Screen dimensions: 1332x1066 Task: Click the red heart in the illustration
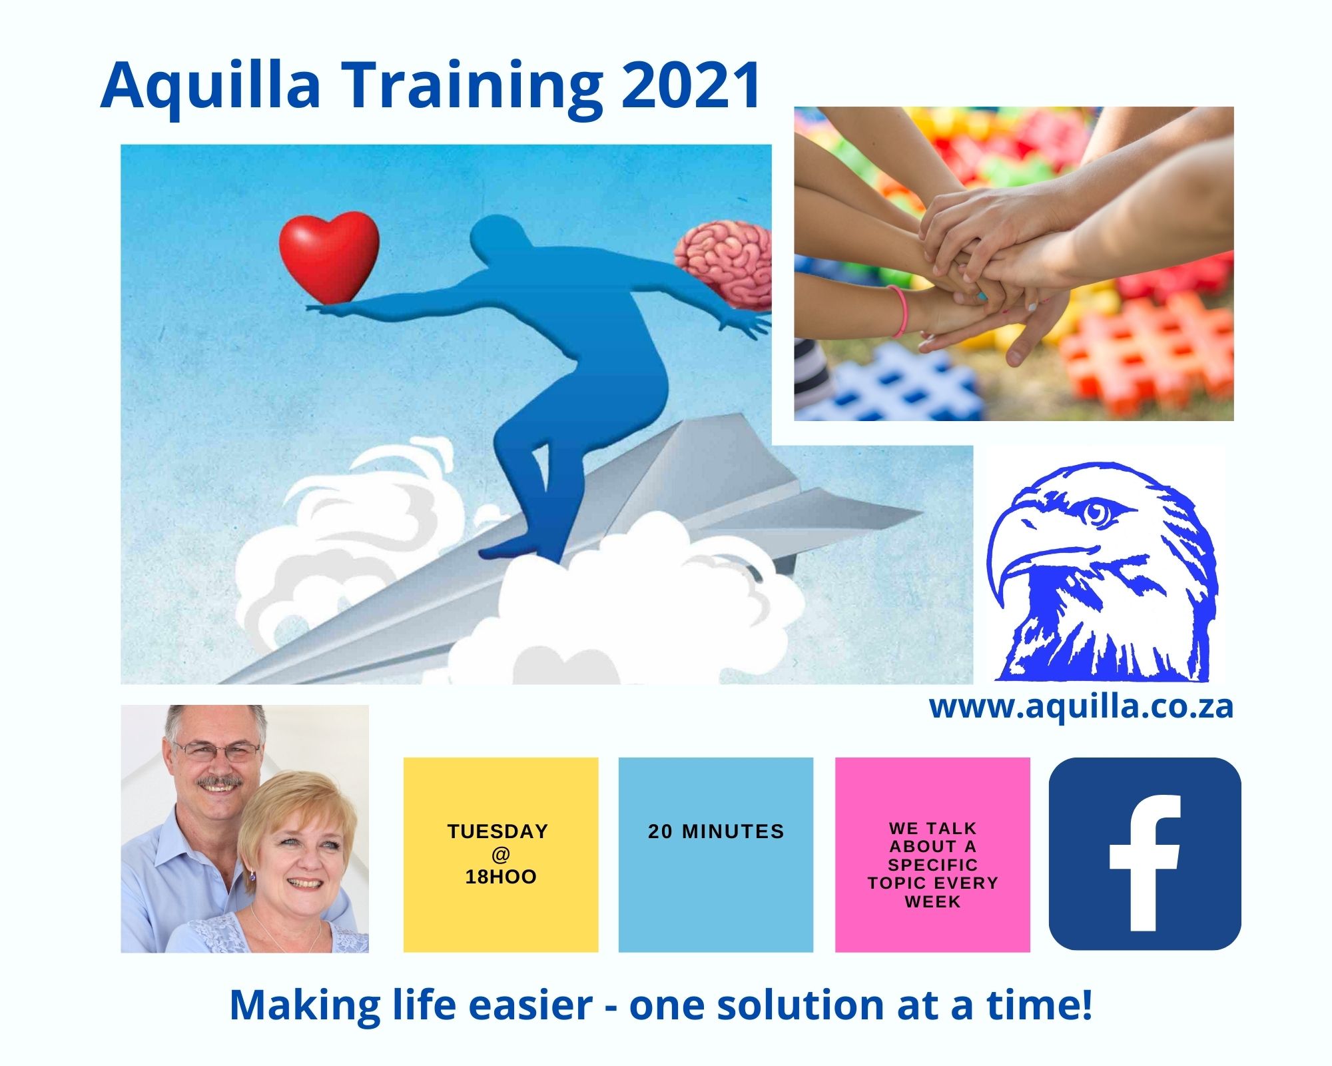click(x=329, y=257)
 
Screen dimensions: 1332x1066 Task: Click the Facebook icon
click(x=1145, y=853)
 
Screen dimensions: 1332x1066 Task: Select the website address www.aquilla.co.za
click(x=1081, y=706)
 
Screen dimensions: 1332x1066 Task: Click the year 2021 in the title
click(x=691, y=85)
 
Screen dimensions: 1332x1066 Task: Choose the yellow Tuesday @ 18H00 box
click(x=501, y=855)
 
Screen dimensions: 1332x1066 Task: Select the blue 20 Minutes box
click(x=716, y=855)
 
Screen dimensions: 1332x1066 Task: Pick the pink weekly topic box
click(x=932, y=855)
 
